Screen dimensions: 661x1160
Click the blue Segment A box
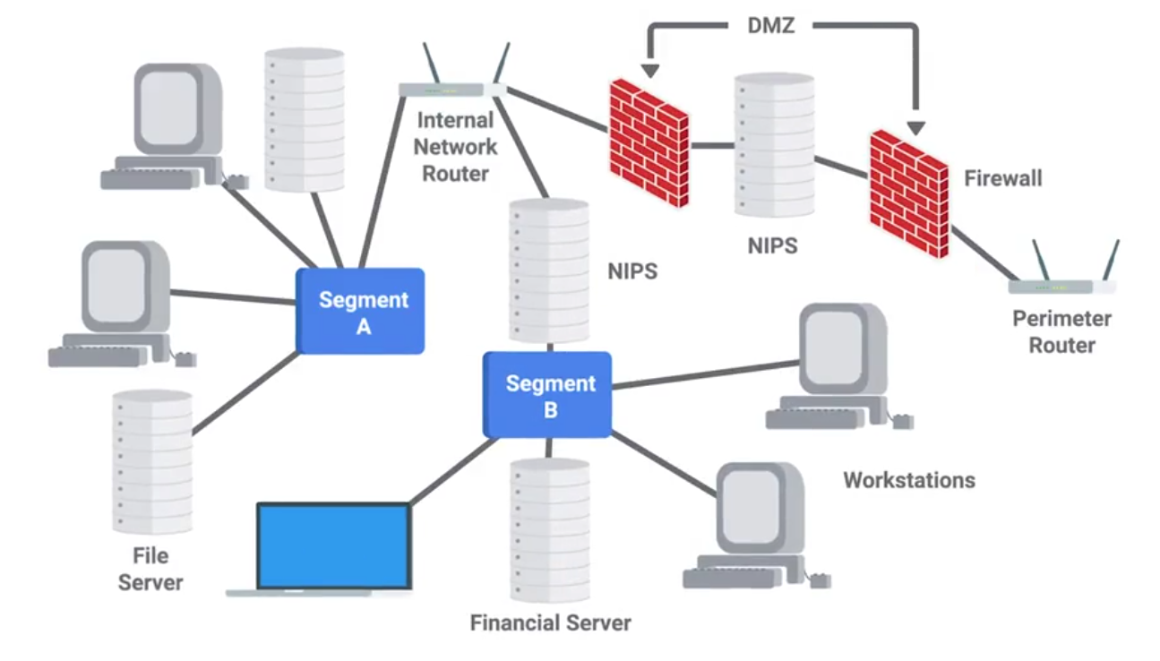click(360, 312)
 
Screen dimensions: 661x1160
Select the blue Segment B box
click(547, 395)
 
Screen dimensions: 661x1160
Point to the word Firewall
click(1002, 178)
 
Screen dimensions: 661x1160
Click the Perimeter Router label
click(1061, 331)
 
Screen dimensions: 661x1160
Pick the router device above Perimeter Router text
click(1062, 286)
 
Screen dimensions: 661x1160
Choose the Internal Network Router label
click(455, 146)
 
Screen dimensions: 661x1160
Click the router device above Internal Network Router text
click(452, 89)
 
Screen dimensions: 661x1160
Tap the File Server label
click(150, 569)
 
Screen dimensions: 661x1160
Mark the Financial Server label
click(550, 622)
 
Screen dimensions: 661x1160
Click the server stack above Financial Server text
click(550, 528)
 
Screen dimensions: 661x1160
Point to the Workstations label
click(908, 480)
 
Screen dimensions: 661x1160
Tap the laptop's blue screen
click(333, 545)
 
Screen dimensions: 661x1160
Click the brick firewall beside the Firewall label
click(908, 193)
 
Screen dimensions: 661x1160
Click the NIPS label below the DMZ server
click(772, 245)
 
